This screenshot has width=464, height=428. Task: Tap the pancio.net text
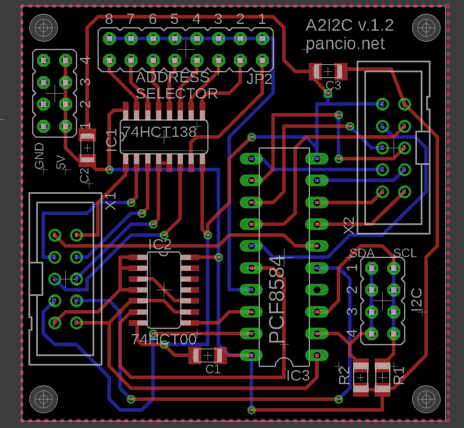[345, 44]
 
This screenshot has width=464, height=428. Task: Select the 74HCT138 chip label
[160, 132]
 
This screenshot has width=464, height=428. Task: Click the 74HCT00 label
[164, 339]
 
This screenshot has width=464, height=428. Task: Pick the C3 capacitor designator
[333, 85]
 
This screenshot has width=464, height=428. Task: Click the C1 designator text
[213, 369]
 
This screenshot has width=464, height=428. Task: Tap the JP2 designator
[260, 80]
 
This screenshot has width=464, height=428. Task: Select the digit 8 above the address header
[109, 19]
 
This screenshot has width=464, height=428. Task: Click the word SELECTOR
[177, 94]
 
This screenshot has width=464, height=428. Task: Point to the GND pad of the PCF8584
[317, 159]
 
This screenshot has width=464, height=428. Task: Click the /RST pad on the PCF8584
[251, 334]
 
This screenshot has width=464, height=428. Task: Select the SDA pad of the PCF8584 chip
[317, 334]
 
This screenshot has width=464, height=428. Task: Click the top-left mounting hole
[43, 27]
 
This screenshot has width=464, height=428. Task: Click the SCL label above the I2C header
[405, 253]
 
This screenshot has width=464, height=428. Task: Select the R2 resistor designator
[344, 375]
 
